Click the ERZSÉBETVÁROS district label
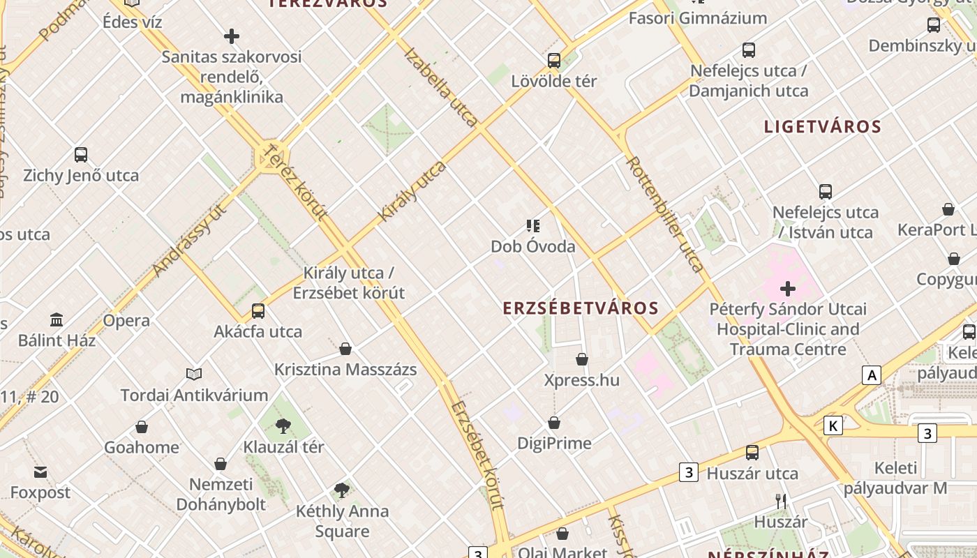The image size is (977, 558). (581, 308)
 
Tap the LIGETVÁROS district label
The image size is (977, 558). (823, 127)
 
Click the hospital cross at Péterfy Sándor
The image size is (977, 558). (788, 288)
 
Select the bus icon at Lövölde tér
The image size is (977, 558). (554, 60)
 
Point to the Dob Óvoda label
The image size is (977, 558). (533, 246)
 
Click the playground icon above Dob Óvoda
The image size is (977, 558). (533, 225)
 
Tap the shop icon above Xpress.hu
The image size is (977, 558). (582, 359)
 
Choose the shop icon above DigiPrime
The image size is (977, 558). (554, 423)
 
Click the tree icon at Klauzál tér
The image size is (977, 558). (283, 425)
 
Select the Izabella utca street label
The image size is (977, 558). (441, 87)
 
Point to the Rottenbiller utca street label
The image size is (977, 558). (665, 213)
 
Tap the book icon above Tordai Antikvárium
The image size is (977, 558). (194, 375)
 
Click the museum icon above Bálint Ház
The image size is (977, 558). (57, 320)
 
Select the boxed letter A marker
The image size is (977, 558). (871, 375)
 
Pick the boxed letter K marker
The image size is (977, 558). (833, 425)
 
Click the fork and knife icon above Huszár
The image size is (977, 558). (781, 501)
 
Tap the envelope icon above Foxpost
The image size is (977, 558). (40, 472)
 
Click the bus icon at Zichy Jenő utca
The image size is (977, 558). (81, 155)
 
